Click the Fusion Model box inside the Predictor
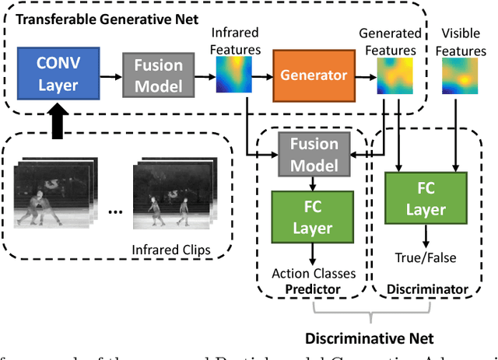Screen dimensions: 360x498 [x=314, y=154]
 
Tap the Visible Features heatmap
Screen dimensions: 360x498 [x=461, y=76]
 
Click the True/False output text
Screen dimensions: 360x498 [x=426, y=258]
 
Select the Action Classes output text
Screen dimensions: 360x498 [x=313, y=273]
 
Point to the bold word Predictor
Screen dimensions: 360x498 [x=313, y=288]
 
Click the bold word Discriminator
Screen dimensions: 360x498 [x=426, y=289]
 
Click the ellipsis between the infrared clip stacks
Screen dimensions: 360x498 [x=114, y=211]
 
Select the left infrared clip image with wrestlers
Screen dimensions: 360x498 [x=51, y=194]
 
